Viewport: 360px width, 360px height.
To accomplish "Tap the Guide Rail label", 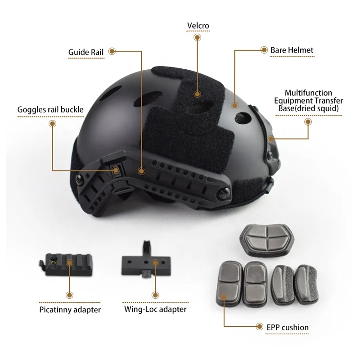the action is coord(86,52).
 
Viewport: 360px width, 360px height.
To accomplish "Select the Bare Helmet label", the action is coord(292,50).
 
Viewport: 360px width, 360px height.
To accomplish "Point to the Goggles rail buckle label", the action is coord(50,109).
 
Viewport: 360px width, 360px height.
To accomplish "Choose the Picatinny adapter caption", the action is coord(69,310).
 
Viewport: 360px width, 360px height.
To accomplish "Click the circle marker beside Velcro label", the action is coord(197,38).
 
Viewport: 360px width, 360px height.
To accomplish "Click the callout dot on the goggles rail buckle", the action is coord(116,170).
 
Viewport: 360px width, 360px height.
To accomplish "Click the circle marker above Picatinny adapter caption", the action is coord(69,295).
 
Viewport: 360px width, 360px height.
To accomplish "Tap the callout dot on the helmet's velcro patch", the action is coord(197,94).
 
